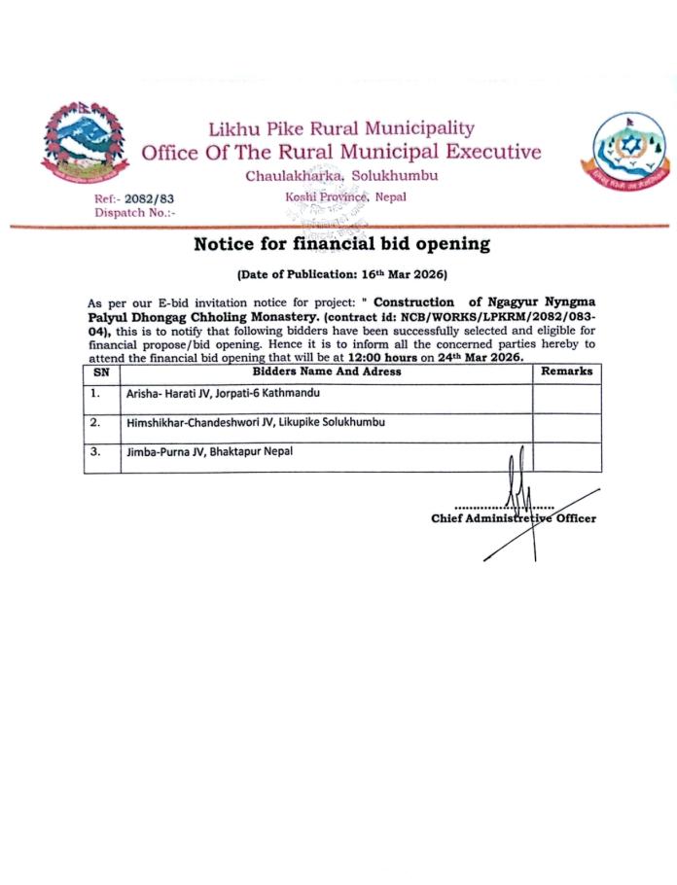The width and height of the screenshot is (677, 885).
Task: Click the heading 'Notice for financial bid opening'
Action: click(340, 244)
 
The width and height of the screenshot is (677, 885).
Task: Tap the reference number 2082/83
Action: click(150, 198)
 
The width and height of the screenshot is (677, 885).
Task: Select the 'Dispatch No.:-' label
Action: click(135, 212)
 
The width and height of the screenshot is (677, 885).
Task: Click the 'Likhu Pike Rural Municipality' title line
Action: click(341, 128)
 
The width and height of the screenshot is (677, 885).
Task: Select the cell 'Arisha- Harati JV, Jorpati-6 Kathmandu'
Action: click(226, 394)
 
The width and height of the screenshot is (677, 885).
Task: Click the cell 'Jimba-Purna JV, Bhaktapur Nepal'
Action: click(209, 451)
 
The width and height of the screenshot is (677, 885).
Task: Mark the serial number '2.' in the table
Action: click(95, 423)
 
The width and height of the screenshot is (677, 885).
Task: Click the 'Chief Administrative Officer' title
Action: click(514, 518)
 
